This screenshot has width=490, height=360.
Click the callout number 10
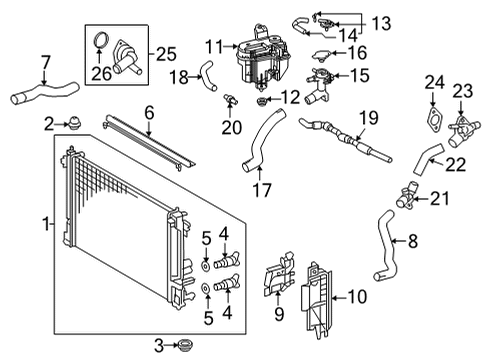(356, 297)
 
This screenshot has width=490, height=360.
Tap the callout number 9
(279, 313)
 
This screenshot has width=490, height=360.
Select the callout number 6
(148, 113)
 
